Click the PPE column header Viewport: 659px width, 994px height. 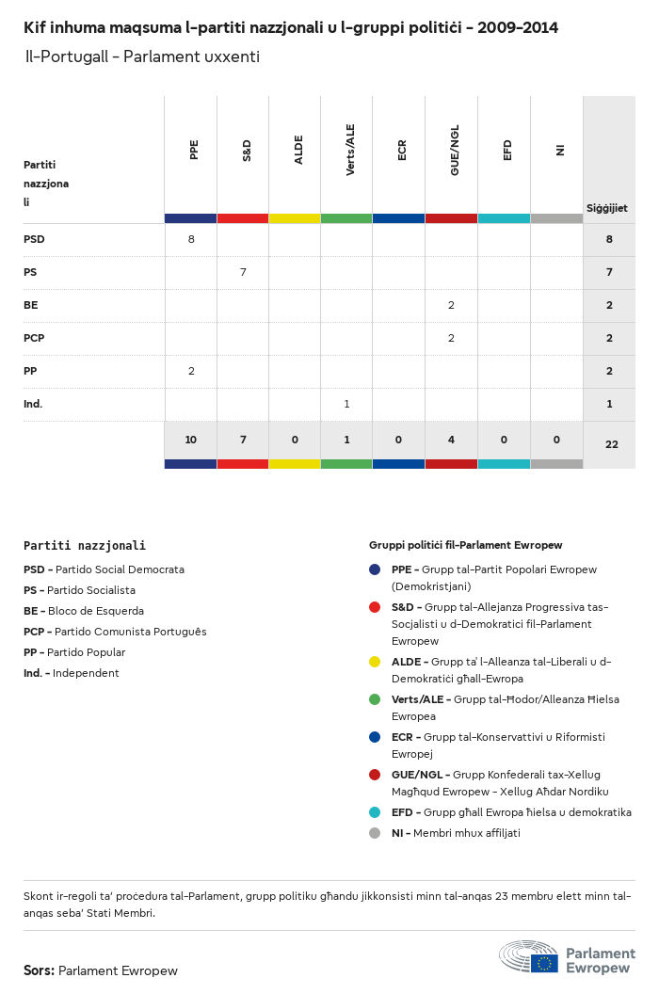pyautogui.click(x=194, y=150)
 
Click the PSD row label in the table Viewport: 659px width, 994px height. pyautogui.click(x=34, y=239)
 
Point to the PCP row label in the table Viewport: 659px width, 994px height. pyautogui.click(x=34, y=338)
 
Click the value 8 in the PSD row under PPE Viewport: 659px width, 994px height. pyautogui.click(x=191, y=239)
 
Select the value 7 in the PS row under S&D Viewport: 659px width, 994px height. pyautogui.click(x=243, y=272)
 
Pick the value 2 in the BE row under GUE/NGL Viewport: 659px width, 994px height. pyautogui.click(x=452, y=305)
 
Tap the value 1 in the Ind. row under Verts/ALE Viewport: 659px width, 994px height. pyautogui.click(x=346, y=404)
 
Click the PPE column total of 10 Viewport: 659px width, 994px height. pyautogui.click(x=191, y=441)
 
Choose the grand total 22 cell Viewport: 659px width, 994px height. pyautogui.click(x=611, y=444)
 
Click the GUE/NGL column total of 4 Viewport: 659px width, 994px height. pyautogui.click(x=452, y=441)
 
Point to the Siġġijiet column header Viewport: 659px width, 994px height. pyautogui.click(x=607, y=208)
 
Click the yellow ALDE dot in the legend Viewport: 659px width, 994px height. pyautogui.click(x=375, y=662)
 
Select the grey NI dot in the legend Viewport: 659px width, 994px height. pyautogui.click(x=375, y=833)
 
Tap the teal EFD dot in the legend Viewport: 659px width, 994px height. pyautogui.click(x=375, y=812)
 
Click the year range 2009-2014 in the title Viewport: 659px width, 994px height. pyautogui.click(x=518, y=27)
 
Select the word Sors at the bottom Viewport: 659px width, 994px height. pyautogui.click(x=39, y=970)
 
